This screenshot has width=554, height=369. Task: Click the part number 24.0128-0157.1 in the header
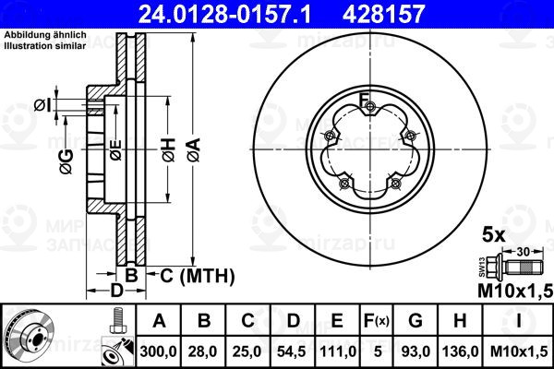click(x=224, y=14)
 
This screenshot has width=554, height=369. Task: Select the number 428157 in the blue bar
click(x=383, y=14)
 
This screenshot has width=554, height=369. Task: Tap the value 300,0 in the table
click(x=158, y=351)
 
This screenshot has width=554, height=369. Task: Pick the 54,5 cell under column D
click(x=292, y=351)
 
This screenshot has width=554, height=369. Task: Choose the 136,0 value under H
click(x=460, y=351)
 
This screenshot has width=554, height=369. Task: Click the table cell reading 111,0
click(x=337, y=351)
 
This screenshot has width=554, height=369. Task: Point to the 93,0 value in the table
click(x=415, y=351)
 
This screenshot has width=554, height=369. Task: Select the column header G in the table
click(x=415, y=321)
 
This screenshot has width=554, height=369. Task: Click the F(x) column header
click(x=377, y=321)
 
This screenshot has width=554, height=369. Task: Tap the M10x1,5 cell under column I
click(x=519, y=351)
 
